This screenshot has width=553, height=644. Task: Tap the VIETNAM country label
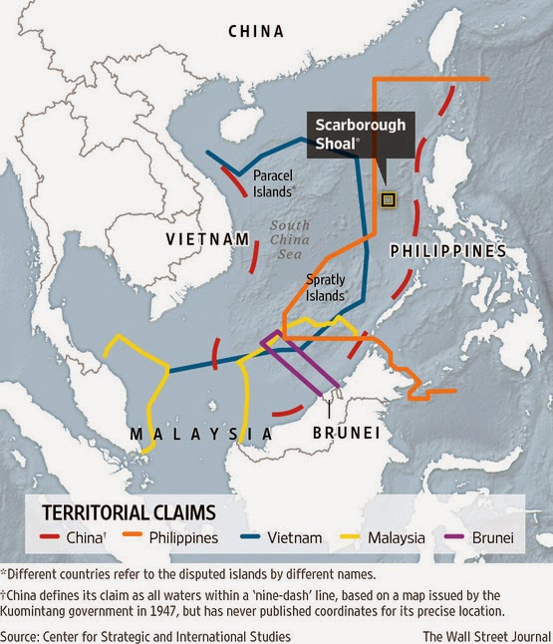tap(206, 239)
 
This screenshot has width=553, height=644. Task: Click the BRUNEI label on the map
tap(347, 433)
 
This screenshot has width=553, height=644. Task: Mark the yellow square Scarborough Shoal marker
tap(389, 199)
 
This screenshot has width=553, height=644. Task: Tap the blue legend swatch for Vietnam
tap(251, 538)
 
